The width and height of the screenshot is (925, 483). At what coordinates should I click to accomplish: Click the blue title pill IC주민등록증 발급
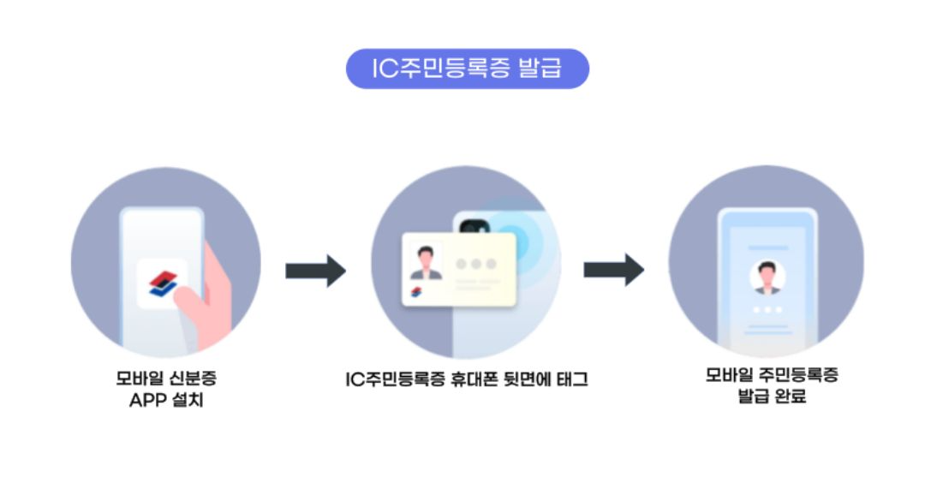click(x=467, y=69)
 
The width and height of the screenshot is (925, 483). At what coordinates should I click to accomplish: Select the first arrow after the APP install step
click(x=315, y=271)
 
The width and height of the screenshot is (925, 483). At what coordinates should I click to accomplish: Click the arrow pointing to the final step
click(x=613, y=270)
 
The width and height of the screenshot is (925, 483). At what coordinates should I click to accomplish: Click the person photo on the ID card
click(x=426, y=262)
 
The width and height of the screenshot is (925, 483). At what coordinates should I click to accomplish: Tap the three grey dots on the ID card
click(x=475, y=264)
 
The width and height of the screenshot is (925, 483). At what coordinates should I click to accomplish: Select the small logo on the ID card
click(x=416, y=295)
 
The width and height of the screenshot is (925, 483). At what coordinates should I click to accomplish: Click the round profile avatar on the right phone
click(x=767, y=277)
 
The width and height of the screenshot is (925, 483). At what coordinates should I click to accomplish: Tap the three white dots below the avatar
click(x=767, y=310)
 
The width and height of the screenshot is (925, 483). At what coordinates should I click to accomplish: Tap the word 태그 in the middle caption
click(x=570, y=379)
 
